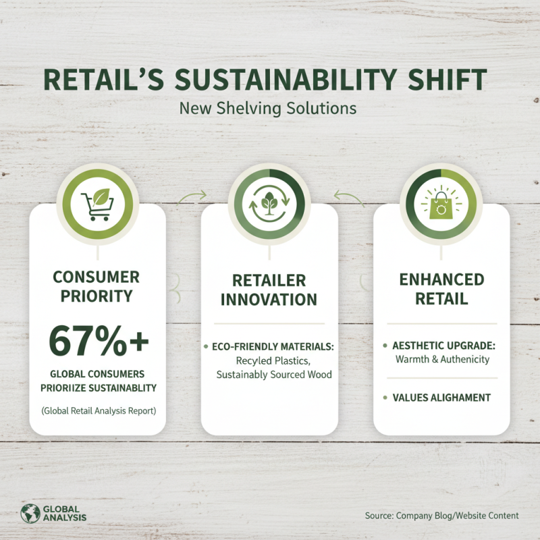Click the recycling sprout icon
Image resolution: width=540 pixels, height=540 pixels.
269,202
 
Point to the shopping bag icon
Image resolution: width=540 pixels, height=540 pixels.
441,201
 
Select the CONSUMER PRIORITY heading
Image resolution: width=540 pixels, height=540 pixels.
98,286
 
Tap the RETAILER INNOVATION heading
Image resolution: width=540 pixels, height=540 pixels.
269,290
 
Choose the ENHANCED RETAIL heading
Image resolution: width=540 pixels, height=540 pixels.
442,290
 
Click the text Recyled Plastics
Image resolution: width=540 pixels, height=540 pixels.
269,360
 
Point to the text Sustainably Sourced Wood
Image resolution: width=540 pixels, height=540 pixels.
274,374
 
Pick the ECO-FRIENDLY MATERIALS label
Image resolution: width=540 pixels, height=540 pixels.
274,346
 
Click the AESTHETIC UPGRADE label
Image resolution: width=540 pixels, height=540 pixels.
444,346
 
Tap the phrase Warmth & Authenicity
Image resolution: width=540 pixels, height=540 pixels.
442,359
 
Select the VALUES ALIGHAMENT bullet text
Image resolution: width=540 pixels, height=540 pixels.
441,398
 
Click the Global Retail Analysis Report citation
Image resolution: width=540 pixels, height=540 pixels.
98,410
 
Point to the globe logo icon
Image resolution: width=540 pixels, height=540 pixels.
30,513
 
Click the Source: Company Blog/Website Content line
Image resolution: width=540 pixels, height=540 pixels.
442,516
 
